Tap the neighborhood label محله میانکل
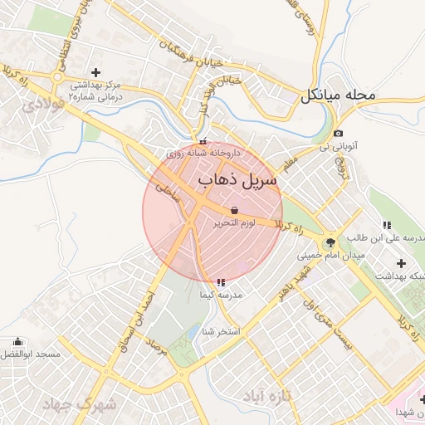click(x=339, y=95)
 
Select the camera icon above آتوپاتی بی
click(x=338, y=134)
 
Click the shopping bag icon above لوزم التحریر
click(x=235, y=210)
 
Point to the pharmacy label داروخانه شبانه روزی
click(x=203, y=154)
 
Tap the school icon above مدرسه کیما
click(x=219, y=282)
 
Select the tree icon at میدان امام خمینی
click(x=331, y=242)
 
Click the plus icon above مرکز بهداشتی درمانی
click(x=95, y=73)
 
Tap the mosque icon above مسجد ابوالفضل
click(x=18, y=341)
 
